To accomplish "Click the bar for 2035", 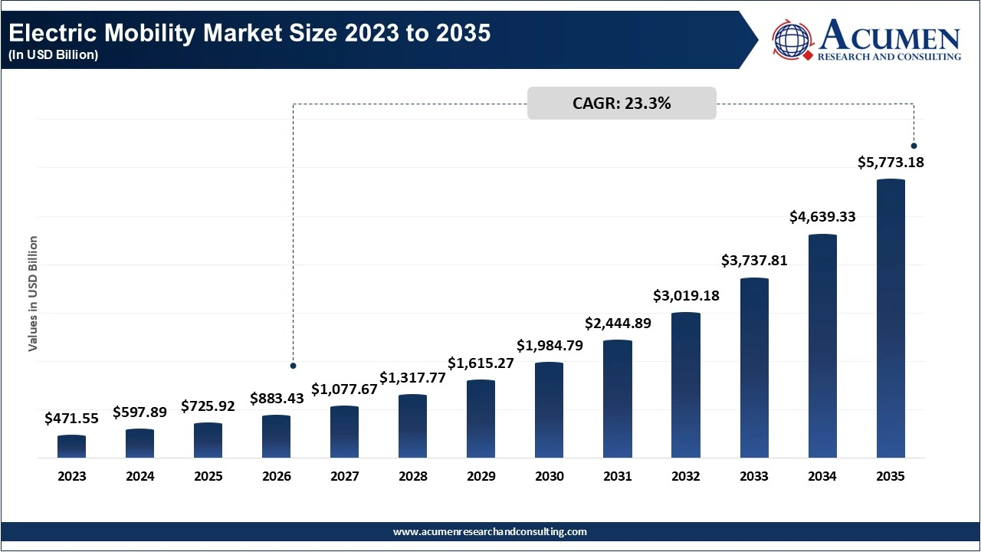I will [891, 319].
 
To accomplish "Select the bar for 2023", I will [72, 447].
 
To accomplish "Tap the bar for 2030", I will [549, 410].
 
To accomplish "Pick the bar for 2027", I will [344, 432].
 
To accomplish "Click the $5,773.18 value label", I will [891, 163].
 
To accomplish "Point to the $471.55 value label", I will [72, 419].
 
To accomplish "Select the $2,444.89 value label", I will [618, 324].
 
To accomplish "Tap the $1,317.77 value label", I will [412, 378].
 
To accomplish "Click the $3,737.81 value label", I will [754, 261].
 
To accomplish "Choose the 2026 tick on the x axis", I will [277, 476].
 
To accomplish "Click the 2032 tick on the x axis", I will [686, 476].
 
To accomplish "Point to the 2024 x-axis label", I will [140, 476].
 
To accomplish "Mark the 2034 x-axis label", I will [822, 476].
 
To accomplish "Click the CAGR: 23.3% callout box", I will [622, 103].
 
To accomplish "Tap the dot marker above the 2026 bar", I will [293, 366].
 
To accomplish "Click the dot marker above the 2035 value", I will [914, 146].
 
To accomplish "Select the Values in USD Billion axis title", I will [33, 294].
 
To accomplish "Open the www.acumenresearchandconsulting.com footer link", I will [490, 531].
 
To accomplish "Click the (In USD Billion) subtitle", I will [54, 55].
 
